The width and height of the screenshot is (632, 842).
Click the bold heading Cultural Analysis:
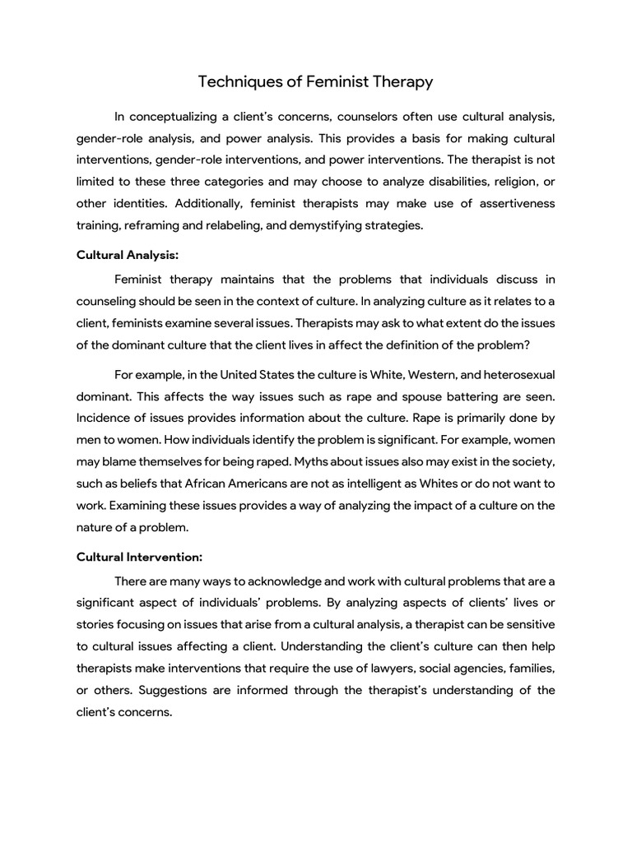coord(127,256)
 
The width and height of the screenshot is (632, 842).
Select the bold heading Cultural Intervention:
coord(139,557)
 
